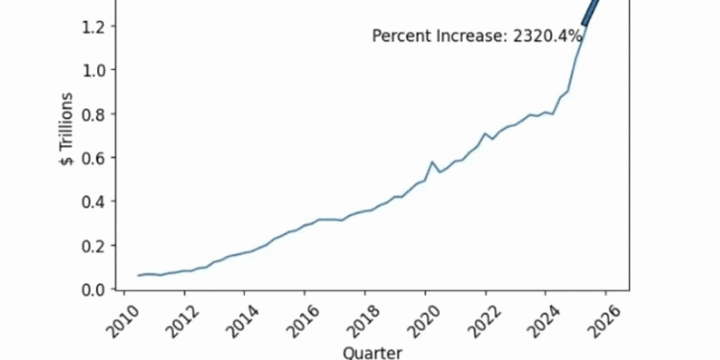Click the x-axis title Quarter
(x=372, y=351)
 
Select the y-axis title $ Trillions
(x=66, y=131)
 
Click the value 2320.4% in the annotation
(x=548, y=36)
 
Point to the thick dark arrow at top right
(x=591, y=12)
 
